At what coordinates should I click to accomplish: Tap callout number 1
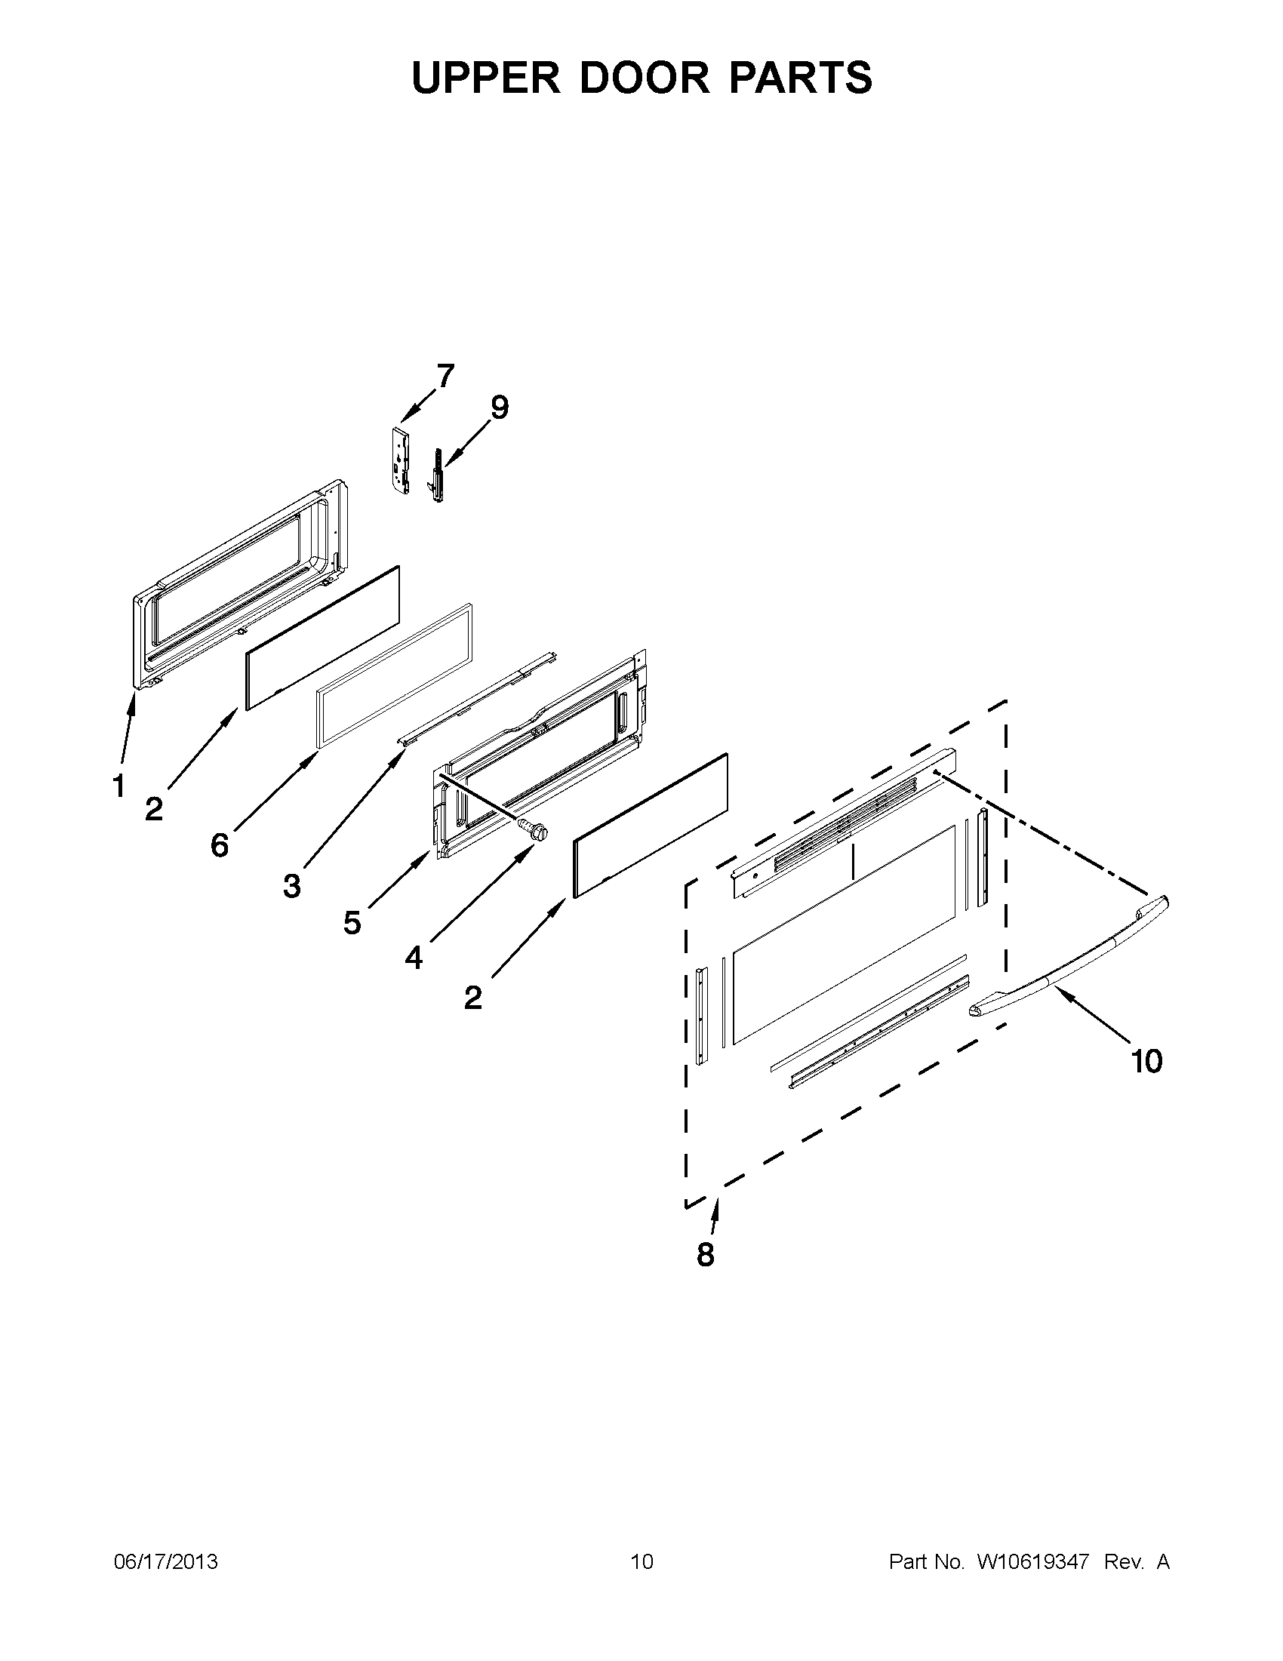tap(118, 786)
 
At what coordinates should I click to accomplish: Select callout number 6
tap(220, 845)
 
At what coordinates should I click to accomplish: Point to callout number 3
tap(292, 885)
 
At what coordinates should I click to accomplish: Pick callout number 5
tap(352, 922)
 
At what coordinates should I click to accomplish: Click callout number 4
tap(413, 958)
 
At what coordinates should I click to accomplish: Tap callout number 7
tap(445, 376)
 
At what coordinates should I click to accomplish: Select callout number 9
tap(499, 408)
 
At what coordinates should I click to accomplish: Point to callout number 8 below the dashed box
tap(706, 1254)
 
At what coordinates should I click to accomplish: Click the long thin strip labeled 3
tap(478, 698)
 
